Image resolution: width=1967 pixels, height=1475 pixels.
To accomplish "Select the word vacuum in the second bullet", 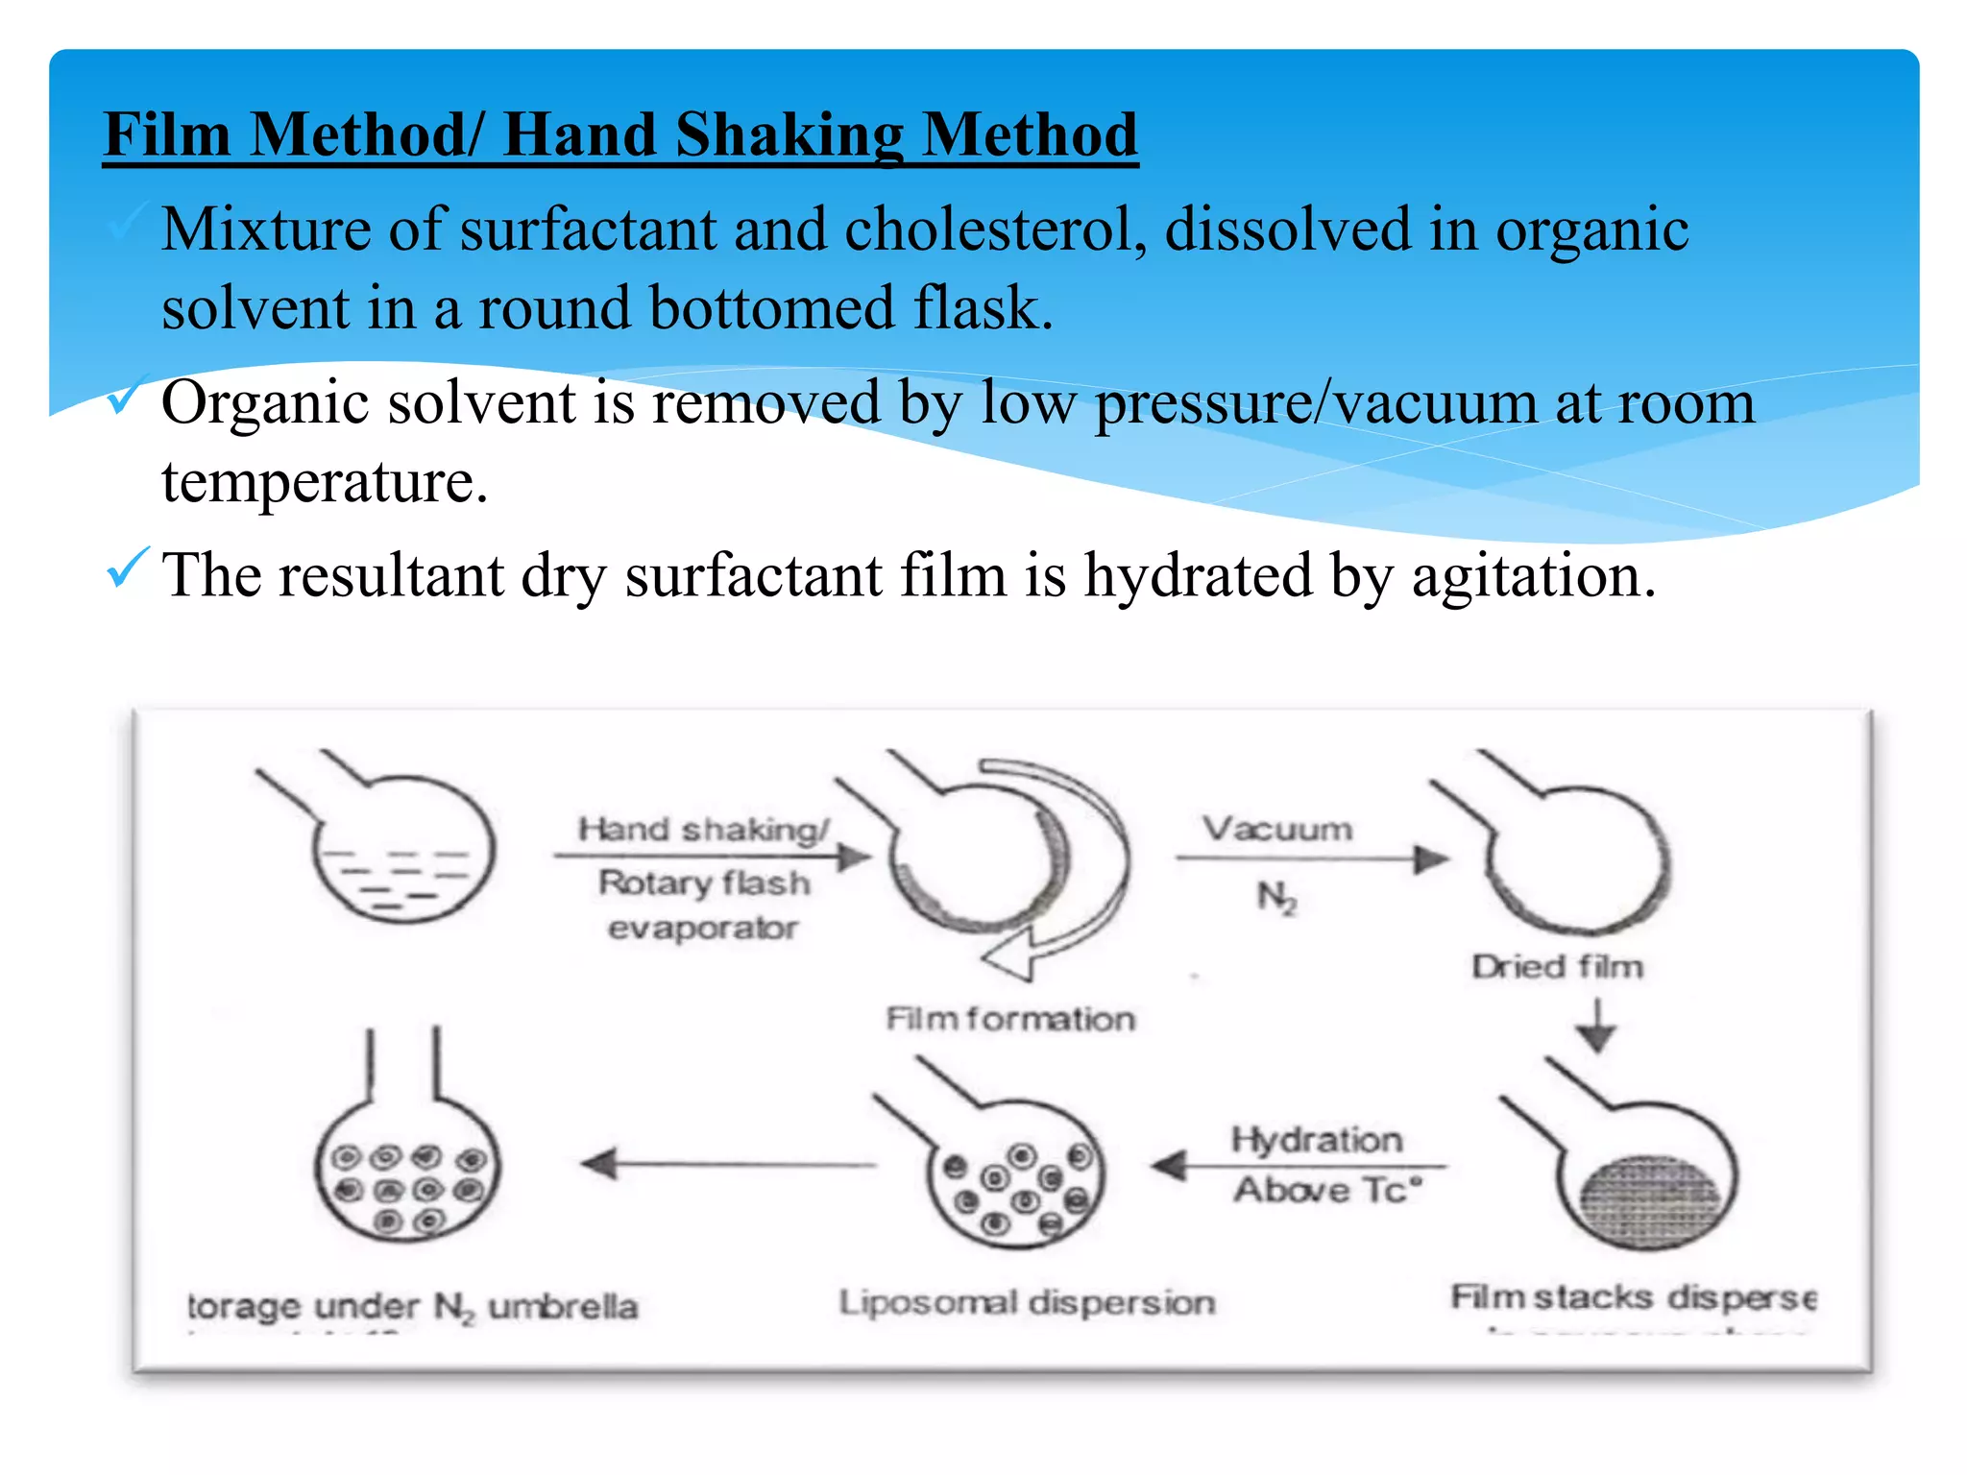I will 1436,403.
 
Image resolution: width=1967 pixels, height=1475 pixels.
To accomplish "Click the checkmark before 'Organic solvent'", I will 126,395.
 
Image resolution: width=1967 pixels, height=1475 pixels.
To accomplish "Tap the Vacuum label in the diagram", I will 1277,829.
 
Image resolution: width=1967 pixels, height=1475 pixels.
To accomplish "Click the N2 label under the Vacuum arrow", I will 1276,898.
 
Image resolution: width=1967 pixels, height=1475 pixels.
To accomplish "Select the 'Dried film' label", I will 1557,966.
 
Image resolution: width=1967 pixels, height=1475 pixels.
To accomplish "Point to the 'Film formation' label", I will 1009,1018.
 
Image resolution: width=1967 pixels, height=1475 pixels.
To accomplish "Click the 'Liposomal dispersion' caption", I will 1027,1303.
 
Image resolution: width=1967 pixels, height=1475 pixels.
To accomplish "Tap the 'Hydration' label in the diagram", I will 1317,1140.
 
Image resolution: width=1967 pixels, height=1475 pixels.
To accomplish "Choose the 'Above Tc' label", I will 1326,1190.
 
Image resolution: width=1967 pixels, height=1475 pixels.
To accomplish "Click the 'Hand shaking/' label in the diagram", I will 703,829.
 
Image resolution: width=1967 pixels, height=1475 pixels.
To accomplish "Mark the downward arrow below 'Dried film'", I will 1596,1027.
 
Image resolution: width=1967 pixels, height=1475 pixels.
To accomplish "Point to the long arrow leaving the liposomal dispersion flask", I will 730,1165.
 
